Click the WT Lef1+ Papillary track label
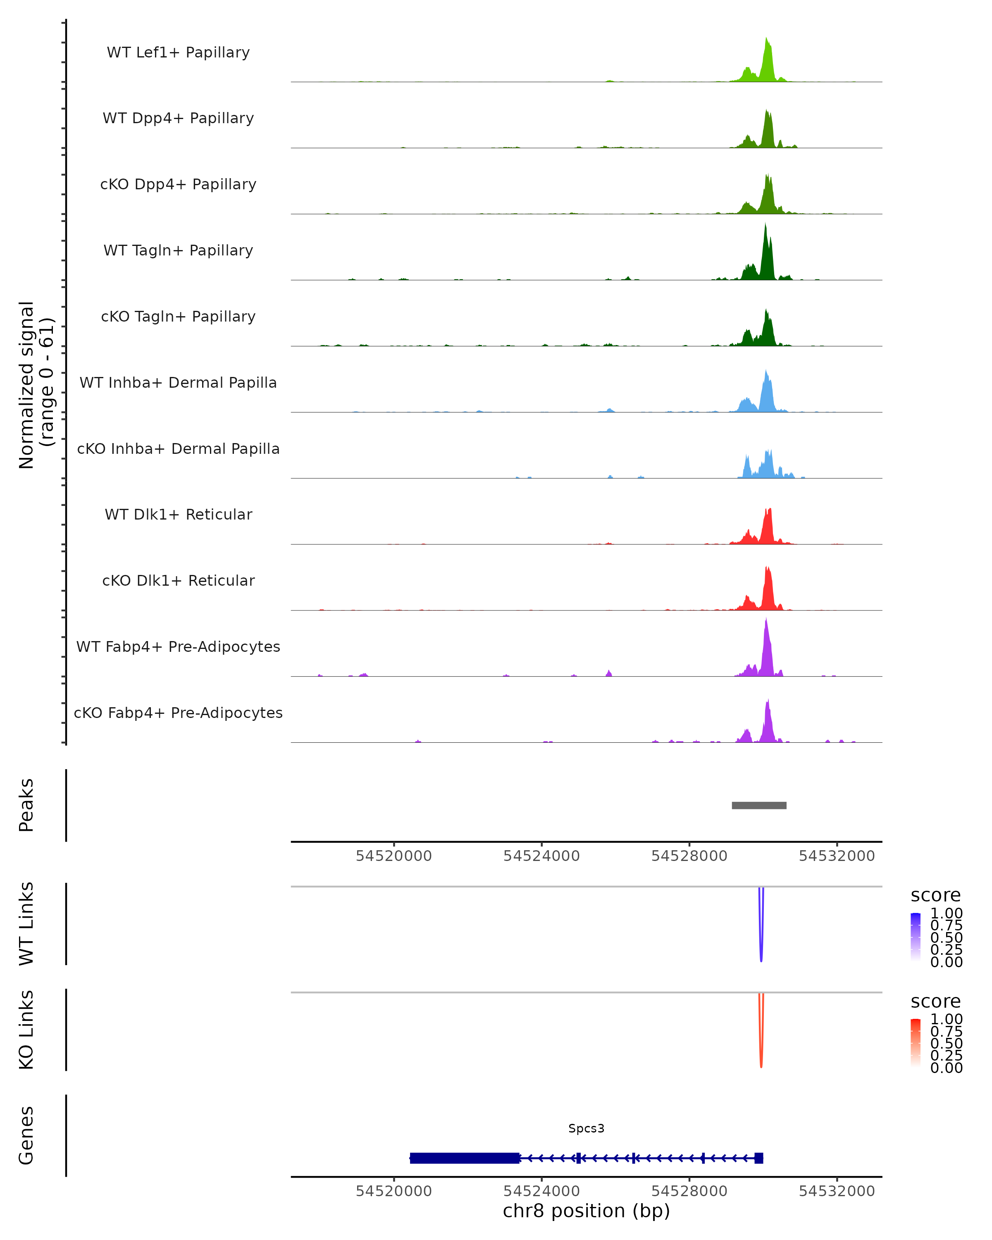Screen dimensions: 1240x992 tap(178, 52)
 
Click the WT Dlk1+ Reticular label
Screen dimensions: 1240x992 tap(178, 514)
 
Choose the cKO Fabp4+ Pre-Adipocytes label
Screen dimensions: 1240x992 tap(178, 713)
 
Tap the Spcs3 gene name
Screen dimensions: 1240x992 tap(586, 1128)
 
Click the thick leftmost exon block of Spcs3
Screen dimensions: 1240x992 tap(465, 1158)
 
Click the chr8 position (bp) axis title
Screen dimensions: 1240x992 tap(586, 1211)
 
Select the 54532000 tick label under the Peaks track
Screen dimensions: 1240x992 tap(836, 856)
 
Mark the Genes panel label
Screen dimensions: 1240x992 tap(26, 1135)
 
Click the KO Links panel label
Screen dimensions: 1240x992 tap(26, 1030)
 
